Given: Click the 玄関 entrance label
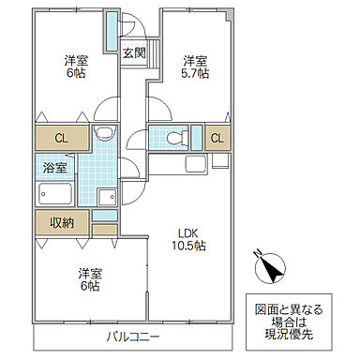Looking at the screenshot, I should click(x=132, y=52).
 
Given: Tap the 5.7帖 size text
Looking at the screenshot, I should click(x=195, y=72).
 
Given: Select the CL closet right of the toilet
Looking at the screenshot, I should click(x=217, y=138).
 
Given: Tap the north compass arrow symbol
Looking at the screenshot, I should click(x=270, y=269).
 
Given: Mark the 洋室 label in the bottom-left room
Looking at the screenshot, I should click(x=89, y=273).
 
